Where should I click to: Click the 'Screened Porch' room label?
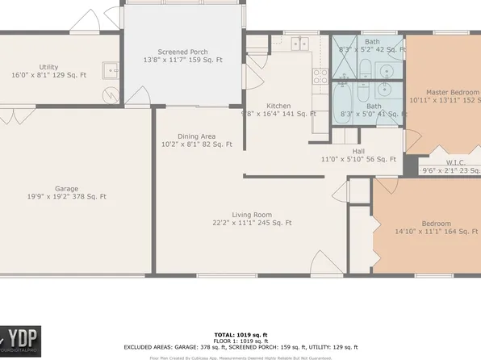click(183, 52)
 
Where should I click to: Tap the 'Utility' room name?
click(48, 67)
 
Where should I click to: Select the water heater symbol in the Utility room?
click(110, 95)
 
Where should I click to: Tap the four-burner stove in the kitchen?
click(319, 77)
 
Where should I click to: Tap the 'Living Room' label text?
click(252, 215)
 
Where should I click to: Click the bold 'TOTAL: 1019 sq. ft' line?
click(240, 333)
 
